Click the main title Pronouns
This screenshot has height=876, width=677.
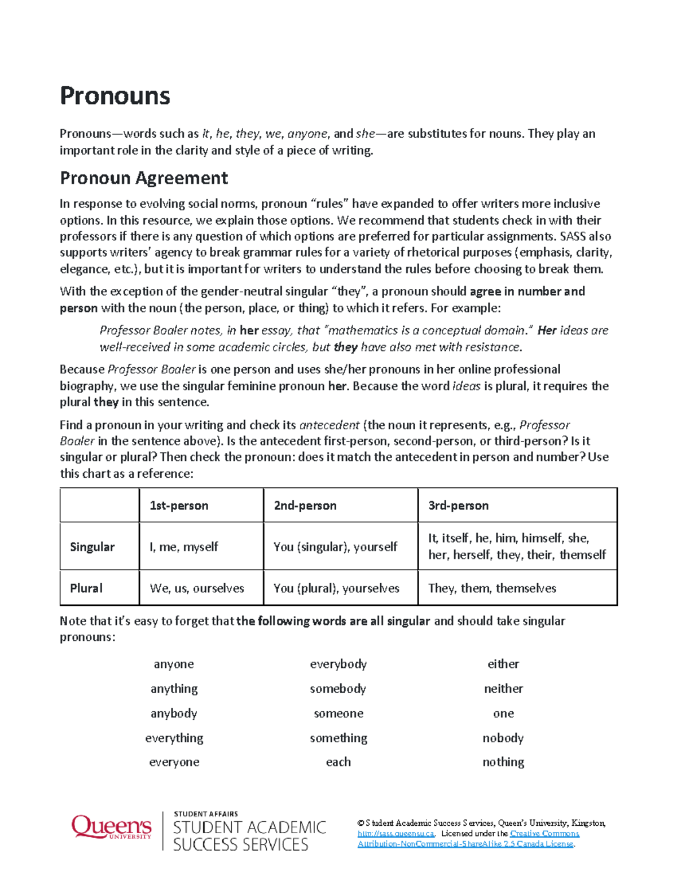click(115, 96)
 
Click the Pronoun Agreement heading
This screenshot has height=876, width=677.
click(144, 178)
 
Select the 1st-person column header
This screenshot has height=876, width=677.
click(179, 505)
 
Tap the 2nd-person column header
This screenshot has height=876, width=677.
click(305, 505)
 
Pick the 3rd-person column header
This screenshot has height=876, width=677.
click(458, 505)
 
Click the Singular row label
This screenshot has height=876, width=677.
click(92, 547)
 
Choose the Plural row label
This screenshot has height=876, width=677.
click(86, 588)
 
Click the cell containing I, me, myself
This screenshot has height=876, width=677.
click(184, 547)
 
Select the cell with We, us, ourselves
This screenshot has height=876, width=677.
click(197, 588)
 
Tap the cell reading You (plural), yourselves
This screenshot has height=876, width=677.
click(336, 588)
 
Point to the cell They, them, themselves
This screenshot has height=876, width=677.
click(492, 588)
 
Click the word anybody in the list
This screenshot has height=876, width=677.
click(174, 714)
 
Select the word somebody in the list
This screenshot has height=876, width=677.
click(338, 689)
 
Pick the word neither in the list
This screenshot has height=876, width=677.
click(503, 689)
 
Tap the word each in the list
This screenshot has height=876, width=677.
click(338, 762)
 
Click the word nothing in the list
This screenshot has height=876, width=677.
click(503, 762)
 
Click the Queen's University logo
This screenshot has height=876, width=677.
click(111, 827)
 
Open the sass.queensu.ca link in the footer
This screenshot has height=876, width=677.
click(395, 834)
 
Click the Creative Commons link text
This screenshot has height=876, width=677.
click(544, 834)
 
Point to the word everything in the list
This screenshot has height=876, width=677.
click(174, 738)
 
